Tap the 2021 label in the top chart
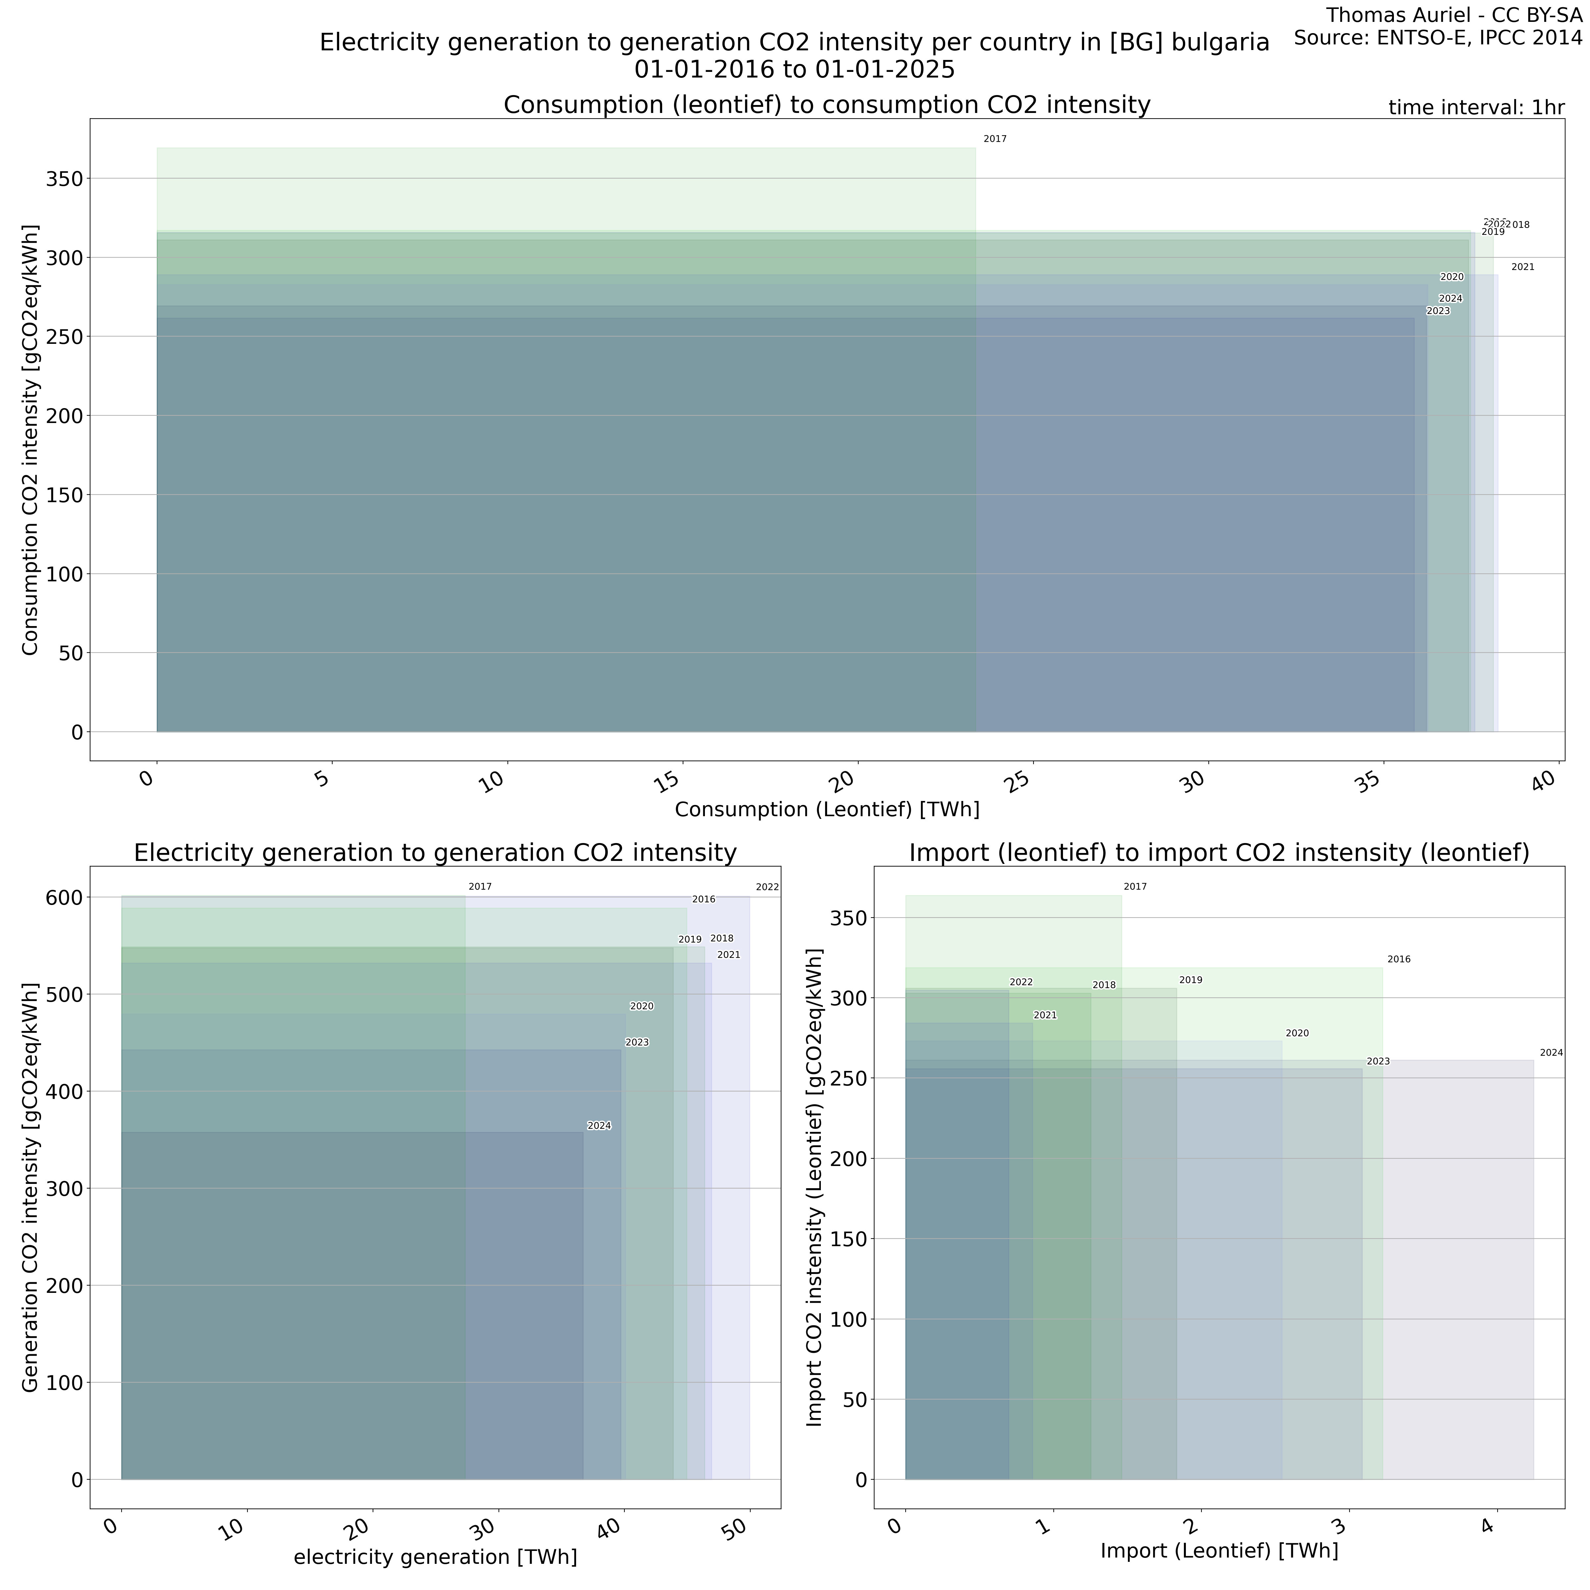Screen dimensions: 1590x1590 point(1522,267)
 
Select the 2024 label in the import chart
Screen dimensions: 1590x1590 point(1551,1053)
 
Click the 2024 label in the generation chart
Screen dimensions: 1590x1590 point(599,1126)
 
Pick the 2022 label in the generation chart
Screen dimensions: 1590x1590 point(767,887)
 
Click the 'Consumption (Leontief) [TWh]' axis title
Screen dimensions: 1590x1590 point(827,810)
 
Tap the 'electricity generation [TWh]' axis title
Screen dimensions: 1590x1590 point(435,1557)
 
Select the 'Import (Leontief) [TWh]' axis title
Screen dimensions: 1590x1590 point(1219,1551)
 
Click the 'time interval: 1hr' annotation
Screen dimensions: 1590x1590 point(1476,108)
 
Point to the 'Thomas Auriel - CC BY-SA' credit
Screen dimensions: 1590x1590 point(1454,15)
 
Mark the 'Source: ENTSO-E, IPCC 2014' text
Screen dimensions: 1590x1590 point(1438,38)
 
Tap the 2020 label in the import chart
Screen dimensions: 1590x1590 point(1297,1033)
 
